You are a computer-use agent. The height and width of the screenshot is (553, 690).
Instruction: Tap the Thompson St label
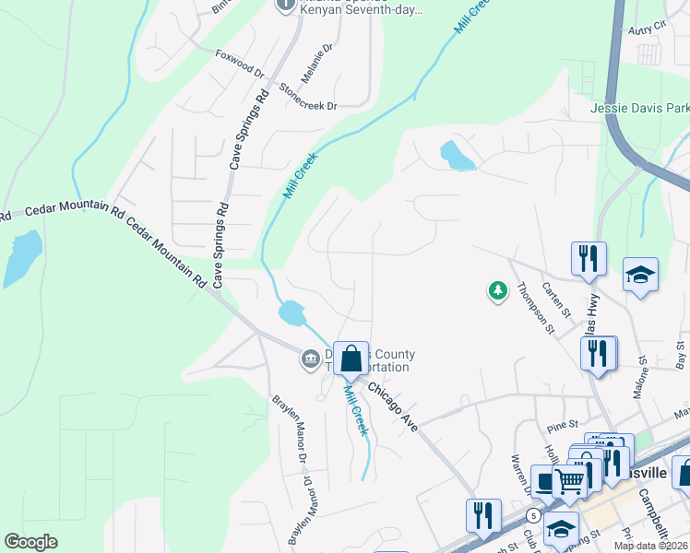(x=535, y=306)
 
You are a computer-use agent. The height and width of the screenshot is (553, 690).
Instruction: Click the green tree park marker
(x=498, y=291)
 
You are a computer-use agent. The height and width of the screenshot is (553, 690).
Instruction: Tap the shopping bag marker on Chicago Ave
(x=351, y=359)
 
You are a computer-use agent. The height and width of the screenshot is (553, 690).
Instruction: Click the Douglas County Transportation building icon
(x=310, y=358)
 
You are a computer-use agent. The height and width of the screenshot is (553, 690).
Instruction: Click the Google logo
(x=30, y=542)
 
